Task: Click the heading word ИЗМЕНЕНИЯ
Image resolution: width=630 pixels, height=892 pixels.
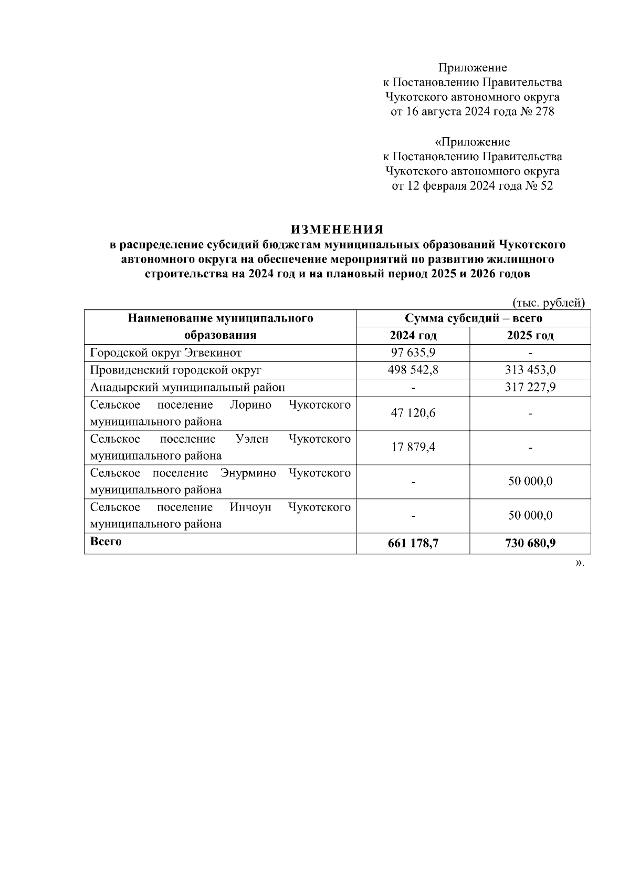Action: click(x=337, y=230)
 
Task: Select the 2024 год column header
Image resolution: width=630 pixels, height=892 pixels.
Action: click(x=413, y=336)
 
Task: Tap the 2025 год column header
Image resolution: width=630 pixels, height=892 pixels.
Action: click(x=530, y=336)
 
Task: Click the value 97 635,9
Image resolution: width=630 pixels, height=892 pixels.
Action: click(x=413, y=352)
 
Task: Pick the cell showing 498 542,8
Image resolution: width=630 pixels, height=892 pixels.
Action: click(x=413, y=370)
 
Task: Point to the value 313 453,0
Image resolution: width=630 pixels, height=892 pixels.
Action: click(x=530, y=370)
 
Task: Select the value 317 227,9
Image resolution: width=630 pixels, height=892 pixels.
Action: click(x=530, y=387)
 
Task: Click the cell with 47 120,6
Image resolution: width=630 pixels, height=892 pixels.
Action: click(x=413, y=413)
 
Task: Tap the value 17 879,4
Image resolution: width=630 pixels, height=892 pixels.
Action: click(x=413, y=448)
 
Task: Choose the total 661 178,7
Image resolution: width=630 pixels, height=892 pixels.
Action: click(x=413, y=544)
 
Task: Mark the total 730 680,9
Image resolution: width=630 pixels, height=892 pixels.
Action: click(x=530, y=544)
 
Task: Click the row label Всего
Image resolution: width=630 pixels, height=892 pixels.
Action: click(x=106, y=541)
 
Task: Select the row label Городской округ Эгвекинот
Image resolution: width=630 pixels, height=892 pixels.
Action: click(x=166, y=352)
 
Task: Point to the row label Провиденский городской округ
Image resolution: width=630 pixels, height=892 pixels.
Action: click(x=175, y=370)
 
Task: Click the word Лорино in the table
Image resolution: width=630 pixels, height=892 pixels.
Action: click(x=250, y=405)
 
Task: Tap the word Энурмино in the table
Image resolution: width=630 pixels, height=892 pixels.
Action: click(x=248, y=473)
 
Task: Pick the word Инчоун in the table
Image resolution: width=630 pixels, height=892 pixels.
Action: click(x=250, y=507)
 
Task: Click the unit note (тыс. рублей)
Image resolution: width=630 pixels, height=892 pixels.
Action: click(x=548, y=303)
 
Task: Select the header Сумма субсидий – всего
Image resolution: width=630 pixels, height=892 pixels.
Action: click(x=473, y=318)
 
